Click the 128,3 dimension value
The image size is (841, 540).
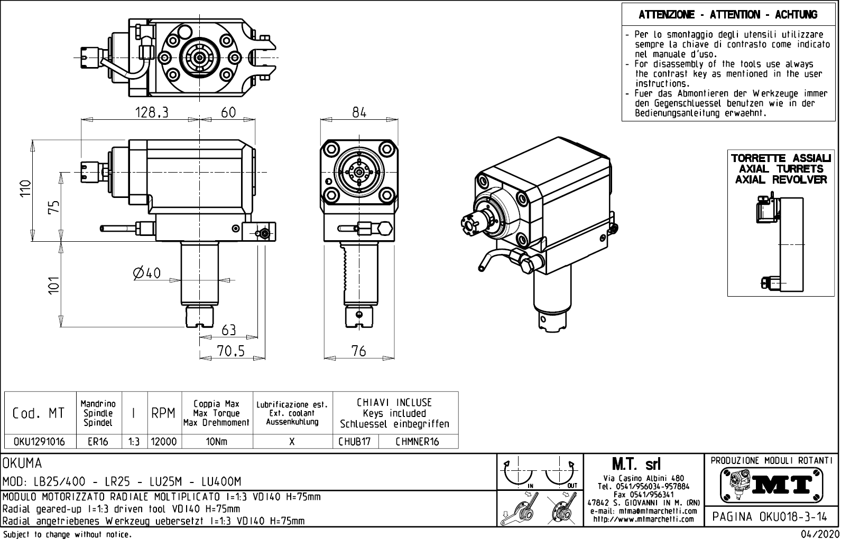151,112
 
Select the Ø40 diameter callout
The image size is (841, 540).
147,273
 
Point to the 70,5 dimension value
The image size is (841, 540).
230,351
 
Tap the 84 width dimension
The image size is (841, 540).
359,112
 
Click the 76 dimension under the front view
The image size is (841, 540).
358,351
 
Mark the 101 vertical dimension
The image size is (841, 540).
53,285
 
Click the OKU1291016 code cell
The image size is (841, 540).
39,441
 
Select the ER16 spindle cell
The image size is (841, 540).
98,441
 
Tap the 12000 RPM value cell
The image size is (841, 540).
164,441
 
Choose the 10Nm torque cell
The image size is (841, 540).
217,441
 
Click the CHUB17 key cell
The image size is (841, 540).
355,441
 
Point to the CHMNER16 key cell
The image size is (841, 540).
417,441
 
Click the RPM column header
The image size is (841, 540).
163,413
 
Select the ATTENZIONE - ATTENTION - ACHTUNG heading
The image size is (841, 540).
728,15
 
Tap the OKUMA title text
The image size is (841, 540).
22,464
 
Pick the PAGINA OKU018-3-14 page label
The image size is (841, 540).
771,517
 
